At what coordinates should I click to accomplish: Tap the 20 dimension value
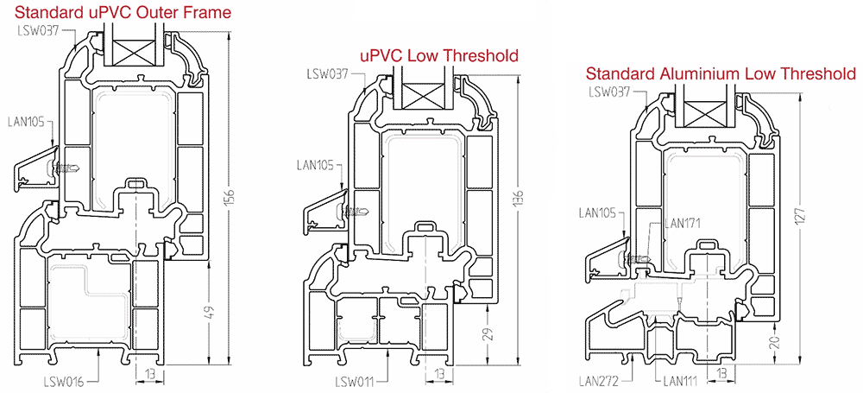(x=777, y=345)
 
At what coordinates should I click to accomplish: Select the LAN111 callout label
(x=677, y=381)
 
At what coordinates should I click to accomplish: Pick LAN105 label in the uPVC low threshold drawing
(x=314, y=165)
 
